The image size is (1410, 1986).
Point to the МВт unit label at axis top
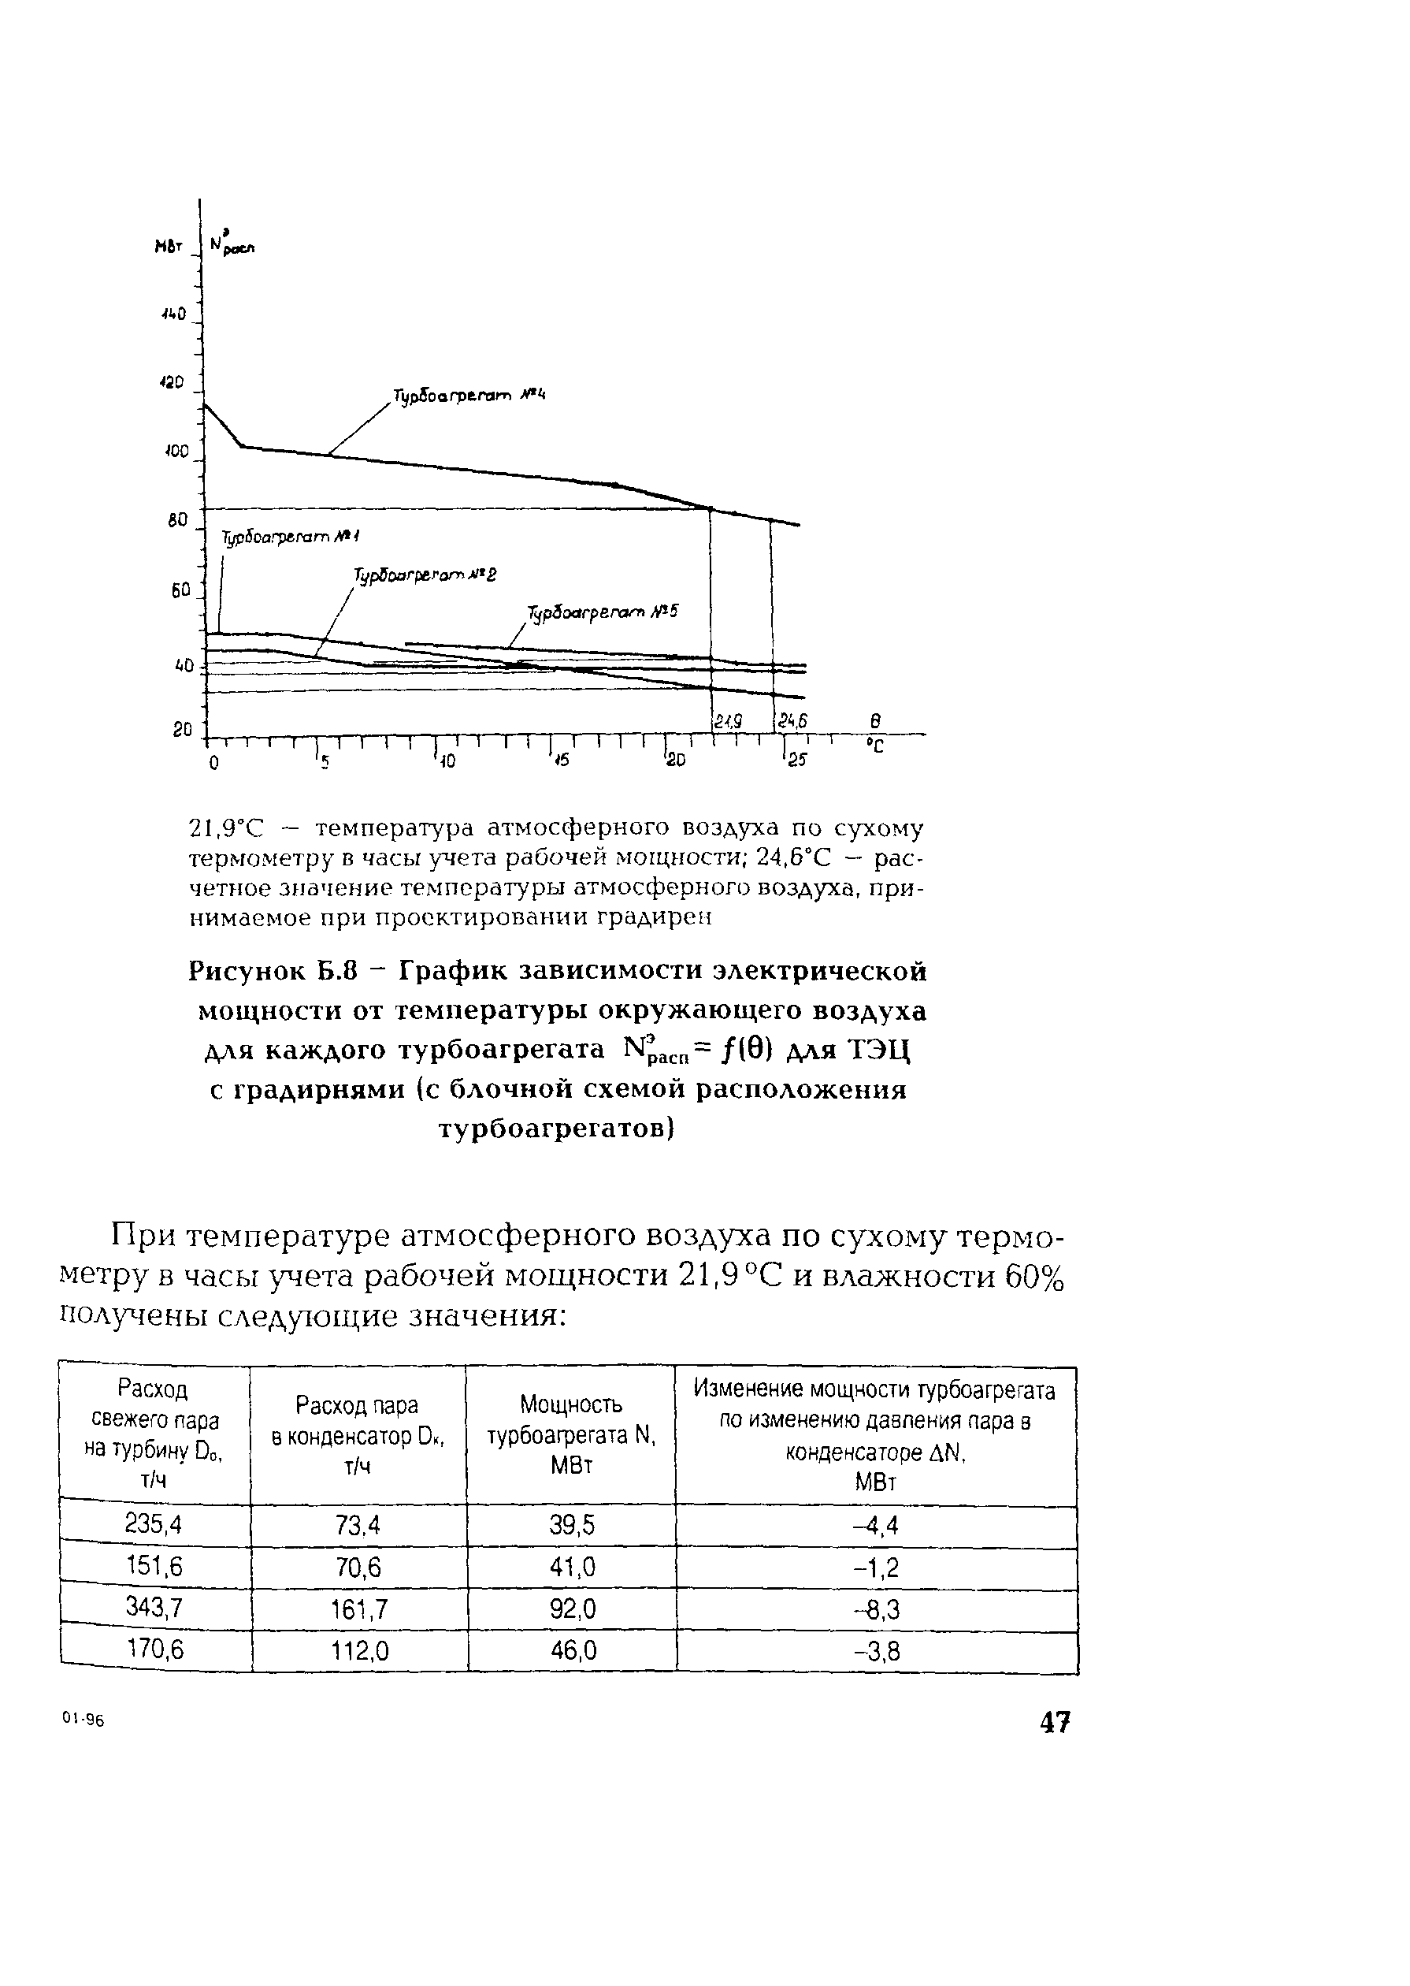tap(169, 248)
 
